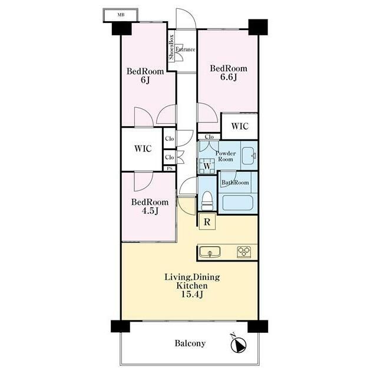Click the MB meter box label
(x=121, y=15)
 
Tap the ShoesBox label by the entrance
(x=171, y=47)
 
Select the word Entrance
(x=185, y=49)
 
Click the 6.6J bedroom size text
(x=229, y=77)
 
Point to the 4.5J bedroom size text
(x=150, y=211)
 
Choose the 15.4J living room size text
(x=192, y=294)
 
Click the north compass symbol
(x=238, y=344)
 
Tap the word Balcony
(x=190, y=343)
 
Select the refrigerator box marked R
(x=207, y=221)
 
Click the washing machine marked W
(x=207, y=166)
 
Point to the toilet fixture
(x=207, y=200)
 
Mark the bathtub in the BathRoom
(x=237, y=203)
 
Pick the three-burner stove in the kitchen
(x=244, y=252)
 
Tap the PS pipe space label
(x=170, y=168)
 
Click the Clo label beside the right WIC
(x=209, y=137)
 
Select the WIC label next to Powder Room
(x=240, y=126)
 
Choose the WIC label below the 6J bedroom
(x=143, y=148)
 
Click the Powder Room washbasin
(x=249, y=156)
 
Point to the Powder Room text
(x=226, y=156)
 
